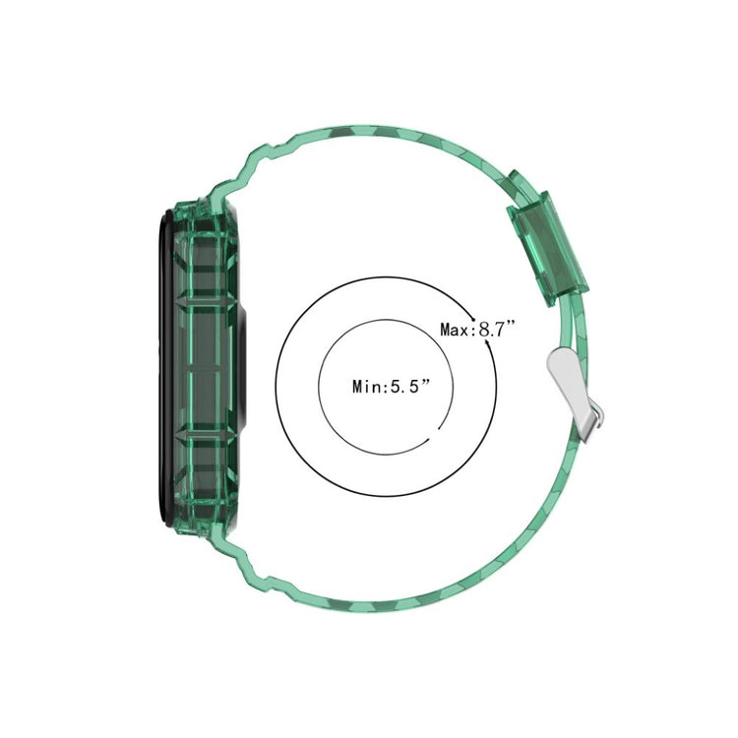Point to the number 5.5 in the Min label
click(x=406, y=388)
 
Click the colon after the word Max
click(x=473, y=330)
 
